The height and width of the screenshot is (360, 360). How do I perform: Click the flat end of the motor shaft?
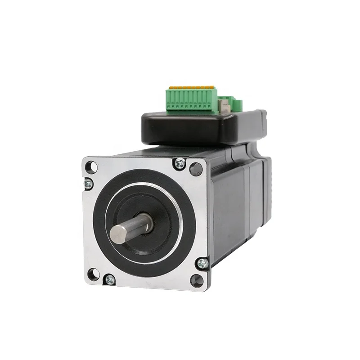pyautogui.click(x=118, y=235)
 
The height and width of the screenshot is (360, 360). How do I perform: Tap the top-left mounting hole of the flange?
pyautogui.click(x=91, y=167)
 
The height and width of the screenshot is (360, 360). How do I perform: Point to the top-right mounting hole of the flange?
pyautogui.click(x=196, y=169)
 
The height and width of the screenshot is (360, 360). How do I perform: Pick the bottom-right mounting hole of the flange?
pyautogui.click(x=197, y=281)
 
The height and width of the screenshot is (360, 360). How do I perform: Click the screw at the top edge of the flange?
pyautogui.click(x=180, y=164)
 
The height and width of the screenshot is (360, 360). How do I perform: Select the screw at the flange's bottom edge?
pyautogui.click(x=109, y=280)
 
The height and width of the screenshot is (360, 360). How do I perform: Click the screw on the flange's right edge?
pyautogui.click(x=203, y=264)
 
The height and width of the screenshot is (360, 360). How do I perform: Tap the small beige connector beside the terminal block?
pyautogui.click(x=224, y=106)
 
